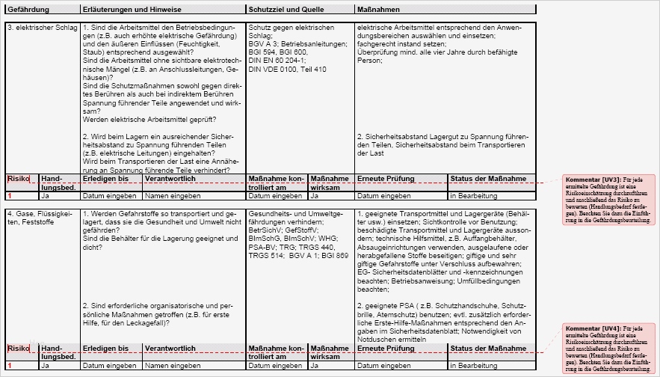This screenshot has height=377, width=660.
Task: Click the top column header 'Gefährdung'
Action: coord(28,10)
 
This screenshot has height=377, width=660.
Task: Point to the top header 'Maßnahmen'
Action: coord(378,10)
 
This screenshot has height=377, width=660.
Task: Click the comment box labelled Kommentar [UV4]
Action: coord(608,348)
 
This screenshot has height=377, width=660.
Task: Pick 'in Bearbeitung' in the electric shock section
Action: coord(473,196)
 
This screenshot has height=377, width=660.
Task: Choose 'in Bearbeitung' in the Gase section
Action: coord(473,366)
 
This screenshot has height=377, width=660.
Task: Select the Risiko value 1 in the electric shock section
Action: coord(10,196)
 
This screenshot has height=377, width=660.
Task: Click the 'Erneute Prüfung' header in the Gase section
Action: coord(386,349)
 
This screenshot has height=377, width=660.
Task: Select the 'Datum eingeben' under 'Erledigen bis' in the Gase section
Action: coord(109,366)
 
